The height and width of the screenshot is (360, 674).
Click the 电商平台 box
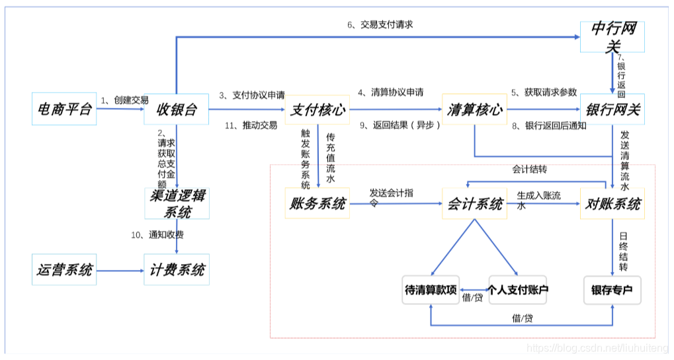pyautogui.click(x=64, y=110)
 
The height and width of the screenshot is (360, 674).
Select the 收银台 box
pyautogui.click(x=177, y=110)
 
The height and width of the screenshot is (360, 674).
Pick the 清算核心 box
pyautogui.click(x=474, y=110)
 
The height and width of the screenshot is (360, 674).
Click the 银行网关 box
pyautogui.click(x=612, y=110)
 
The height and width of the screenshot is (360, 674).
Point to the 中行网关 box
pyautogui.click(x=612, y=37)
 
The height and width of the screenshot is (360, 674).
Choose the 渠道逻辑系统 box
pyautogui.click(x=177, y=204)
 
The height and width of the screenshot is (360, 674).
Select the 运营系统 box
pyautogui.click(x=64, y=270)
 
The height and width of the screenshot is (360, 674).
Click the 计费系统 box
pyautogui.click(x=177, y=270)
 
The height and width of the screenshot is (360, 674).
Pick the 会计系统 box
pyautogui.click(x=474, y=204)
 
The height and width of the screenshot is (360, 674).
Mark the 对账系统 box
pyautogui.click(x=612, y=204)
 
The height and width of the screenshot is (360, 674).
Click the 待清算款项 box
pyautogui.click(x=431, y=290)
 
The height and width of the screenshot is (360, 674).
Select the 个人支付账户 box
pyautogui.click(x=519, y=290)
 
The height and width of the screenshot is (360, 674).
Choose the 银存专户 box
pyautogui.click(x=612, y=290)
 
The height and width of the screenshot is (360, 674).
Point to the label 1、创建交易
pyautogui.click(x=124, y=100)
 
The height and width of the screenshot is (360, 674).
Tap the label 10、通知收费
pyautogui.click(x=157, y=235)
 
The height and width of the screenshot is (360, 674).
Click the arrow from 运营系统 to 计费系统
pyautogui.click(x=120, y=270)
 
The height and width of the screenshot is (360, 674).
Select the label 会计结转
pyautogui.click(x=529, y=169)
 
